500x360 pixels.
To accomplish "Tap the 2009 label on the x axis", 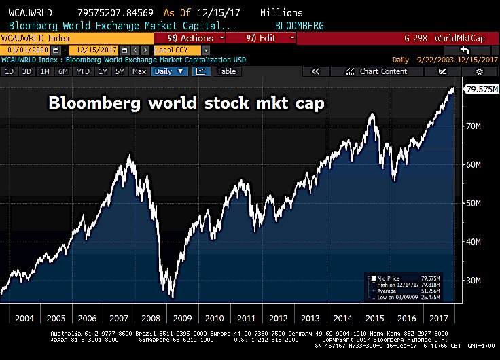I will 181,317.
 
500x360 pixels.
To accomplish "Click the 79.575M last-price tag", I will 479,89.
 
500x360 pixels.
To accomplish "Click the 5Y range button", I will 120,71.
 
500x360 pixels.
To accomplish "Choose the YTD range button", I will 83,71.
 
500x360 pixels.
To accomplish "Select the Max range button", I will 139,71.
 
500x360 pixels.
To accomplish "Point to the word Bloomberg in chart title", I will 89,103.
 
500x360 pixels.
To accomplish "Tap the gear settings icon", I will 479,71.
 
